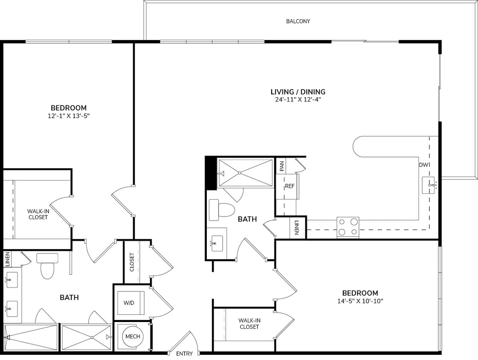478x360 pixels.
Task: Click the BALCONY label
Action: pyautogui.click(x=298, y=21)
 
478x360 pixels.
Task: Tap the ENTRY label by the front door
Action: pyautogui.click(x=184, y=354)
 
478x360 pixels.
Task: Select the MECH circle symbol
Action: pyautogui.click(x=132, y=337)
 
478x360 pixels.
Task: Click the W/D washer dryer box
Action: pyautogui.click(x=129, y=303)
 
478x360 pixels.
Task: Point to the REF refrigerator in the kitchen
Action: pyautogui.click(x=290, y=186)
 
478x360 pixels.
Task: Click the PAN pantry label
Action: pyautogui.click(x=282, y=166)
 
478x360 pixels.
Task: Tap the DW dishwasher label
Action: pyautogui.click(x=423, y=165)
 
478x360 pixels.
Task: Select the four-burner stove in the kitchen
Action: pyautogui.click(x=348, y=227)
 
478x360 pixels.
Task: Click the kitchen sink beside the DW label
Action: pyautogui.click(x=429, y=185)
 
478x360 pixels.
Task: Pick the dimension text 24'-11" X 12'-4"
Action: pyautogui.click(x=298, y=100)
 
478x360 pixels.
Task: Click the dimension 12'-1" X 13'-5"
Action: pyautogui.click(x=69, y=116)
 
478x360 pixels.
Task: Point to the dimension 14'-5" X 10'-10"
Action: pyautogui.click(x=360, y=301)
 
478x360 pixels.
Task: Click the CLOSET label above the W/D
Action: pyautogui.click(x=132, y=262)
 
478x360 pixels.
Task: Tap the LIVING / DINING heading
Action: pyautogui.click(x=298, y=92)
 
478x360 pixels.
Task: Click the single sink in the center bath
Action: pyautogui.click(x=217, y=244)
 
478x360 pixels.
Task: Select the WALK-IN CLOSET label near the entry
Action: pyautogui.click(x=249, y=323)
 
